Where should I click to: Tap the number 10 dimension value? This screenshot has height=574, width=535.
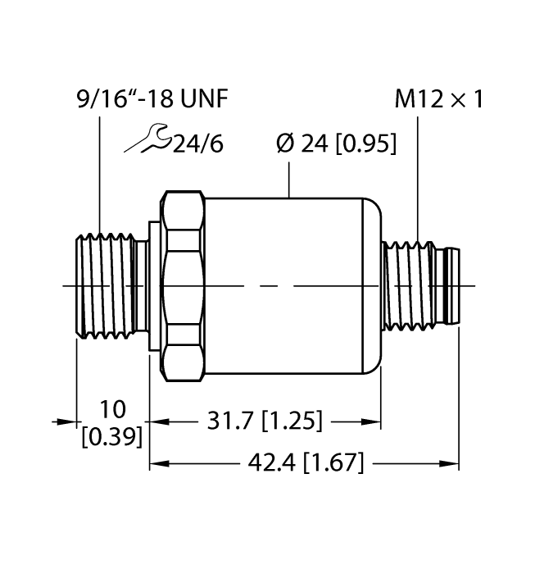point(111,408)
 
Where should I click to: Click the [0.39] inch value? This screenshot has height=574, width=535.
point(111,435)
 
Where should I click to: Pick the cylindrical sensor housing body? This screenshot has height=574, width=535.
point(291,285)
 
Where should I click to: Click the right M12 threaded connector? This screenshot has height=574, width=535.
point(409,285)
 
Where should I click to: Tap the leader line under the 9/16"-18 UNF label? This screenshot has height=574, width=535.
point(99,172)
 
